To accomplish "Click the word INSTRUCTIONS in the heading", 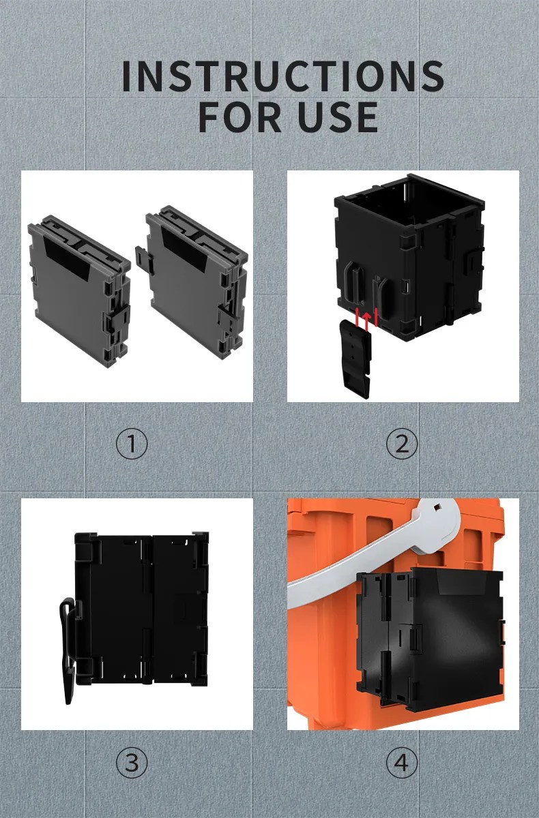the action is coord(283,76).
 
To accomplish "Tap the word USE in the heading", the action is coord(338,117).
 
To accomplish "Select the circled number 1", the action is coord(132,444).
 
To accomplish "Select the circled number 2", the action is coord(402,444).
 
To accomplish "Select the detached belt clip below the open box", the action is coord(355,358).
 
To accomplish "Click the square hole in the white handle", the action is coord(436,508).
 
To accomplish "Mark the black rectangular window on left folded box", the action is coord(67,258).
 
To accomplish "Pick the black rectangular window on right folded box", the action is coord(184,249).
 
